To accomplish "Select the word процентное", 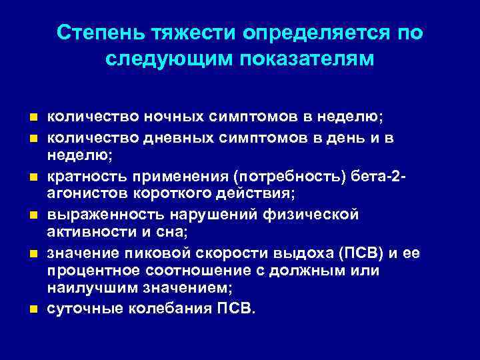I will click(89, 271).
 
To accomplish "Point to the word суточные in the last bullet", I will click(79, 309).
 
